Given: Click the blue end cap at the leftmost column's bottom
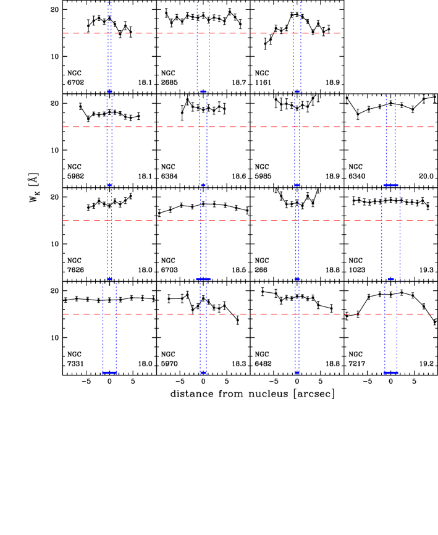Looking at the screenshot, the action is (x=109, y=373).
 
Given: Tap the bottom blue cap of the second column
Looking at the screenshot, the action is (x=203, y=373).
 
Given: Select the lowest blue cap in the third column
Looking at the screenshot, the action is (x=297, y=373).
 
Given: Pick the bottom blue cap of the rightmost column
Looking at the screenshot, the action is (x=390, y=373).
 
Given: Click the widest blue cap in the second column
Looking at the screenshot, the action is (x=203, y=279).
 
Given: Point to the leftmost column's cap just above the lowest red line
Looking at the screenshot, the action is (x=109, y=279).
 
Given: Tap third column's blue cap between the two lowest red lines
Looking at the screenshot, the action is (x=297, y=279).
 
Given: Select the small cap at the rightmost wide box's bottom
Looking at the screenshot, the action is (x=390, y=279).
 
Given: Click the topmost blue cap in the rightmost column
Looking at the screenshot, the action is (x=390, y=185).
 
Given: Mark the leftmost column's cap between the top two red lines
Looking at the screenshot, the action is (x=109, y=91).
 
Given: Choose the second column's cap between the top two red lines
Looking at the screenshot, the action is (x=203, y=91).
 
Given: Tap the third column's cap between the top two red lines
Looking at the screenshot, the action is (x=297, y=91).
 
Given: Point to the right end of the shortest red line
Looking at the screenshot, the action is (x=340, y=33).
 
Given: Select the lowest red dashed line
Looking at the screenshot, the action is (x=247, y=314).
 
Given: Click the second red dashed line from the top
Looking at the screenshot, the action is (x=247, y=127).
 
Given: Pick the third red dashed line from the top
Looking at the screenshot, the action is (x=247, y=221).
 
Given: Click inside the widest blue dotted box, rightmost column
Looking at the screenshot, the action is (x=390, y=234).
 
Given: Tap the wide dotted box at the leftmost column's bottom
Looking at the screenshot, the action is (x=109, y=327).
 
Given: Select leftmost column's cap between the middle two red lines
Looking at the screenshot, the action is (x=109, y=185).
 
